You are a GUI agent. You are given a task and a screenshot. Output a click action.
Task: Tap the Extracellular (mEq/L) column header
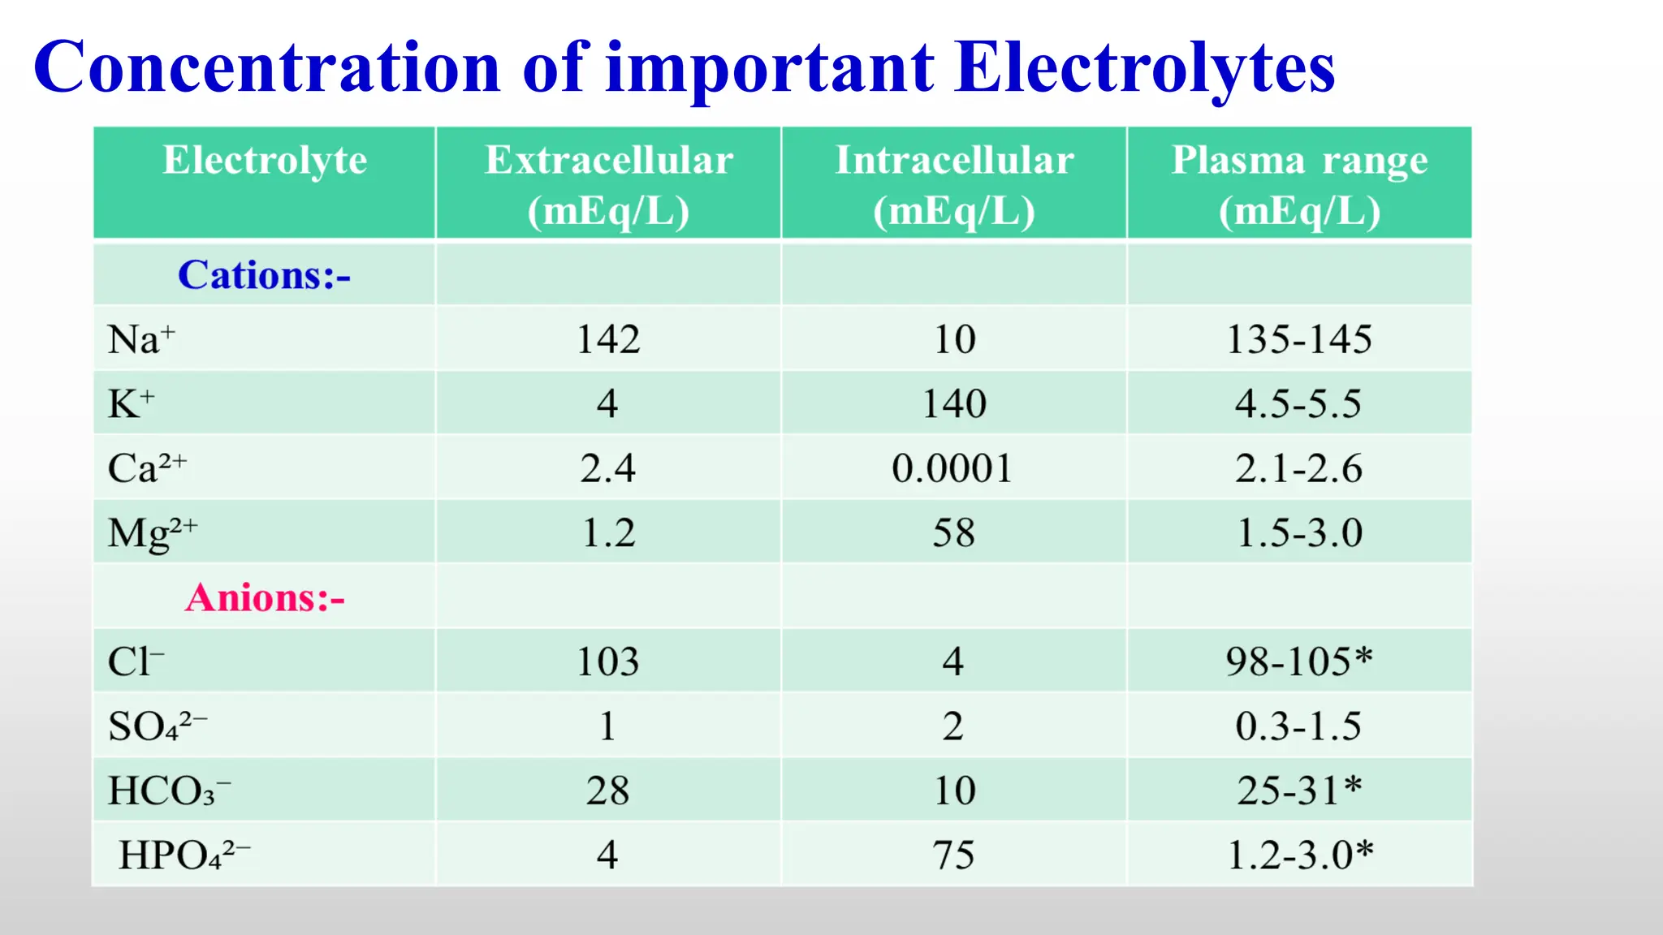point(608,184)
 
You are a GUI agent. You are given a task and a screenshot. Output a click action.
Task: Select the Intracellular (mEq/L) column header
point(954,184)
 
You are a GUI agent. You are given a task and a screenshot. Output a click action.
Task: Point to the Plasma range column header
point(1299,184)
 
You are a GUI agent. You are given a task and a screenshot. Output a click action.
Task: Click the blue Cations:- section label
point(264,275)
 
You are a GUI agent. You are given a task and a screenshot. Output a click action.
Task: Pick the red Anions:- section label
point(265,598)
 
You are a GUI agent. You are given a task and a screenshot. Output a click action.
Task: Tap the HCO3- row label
point(169,791)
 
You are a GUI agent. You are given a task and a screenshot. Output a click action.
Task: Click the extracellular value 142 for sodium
point(608,339)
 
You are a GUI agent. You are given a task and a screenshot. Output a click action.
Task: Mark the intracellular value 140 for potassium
point(954,403)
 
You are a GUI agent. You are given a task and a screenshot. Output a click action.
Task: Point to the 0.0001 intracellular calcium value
point(952,468)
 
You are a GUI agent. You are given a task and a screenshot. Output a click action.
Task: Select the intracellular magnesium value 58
point(953,533)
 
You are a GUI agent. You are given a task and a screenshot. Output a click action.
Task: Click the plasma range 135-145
point(1299,339)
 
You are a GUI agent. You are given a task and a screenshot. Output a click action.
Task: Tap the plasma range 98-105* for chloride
point(1299,661)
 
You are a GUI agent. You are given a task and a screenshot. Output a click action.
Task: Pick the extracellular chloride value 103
point(608,661)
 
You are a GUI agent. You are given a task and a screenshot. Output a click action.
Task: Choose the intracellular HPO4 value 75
point(953,855)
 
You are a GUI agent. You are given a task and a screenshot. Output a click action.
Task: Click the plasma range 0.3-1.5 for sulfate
point(1298,726)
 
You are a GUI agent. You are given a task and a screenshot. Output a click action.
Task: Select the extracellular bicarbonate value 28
point(608,791)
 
